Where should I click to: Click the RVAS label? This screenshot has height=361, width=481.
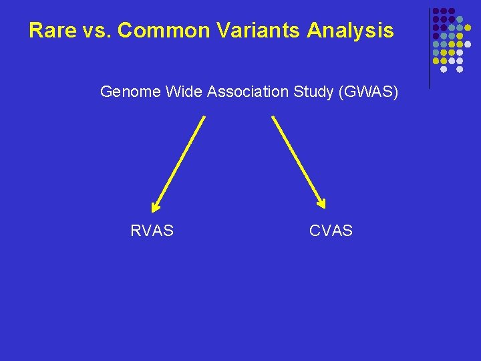point(152,231)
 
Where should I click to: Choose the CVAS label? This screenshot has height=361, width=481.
point(331,231)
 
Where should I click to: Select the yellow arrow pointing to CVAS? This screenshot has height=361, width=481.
point(297,160)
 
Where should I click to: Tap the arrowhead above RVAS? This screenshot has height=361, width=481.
point(156,205)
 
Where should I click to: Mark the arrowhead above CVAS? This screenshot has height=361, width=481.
point(321,204)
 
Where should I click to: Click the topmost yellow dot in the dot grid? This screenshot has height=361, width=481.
point(468,27)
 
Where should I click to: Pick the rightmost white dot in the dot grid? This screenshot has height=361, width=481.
point(468,44)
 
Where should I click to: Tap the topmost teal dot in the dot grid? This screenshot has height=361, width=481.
point(460,19)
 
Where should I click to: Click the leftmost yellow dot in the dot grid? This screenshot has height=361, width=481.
point(436,61)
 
